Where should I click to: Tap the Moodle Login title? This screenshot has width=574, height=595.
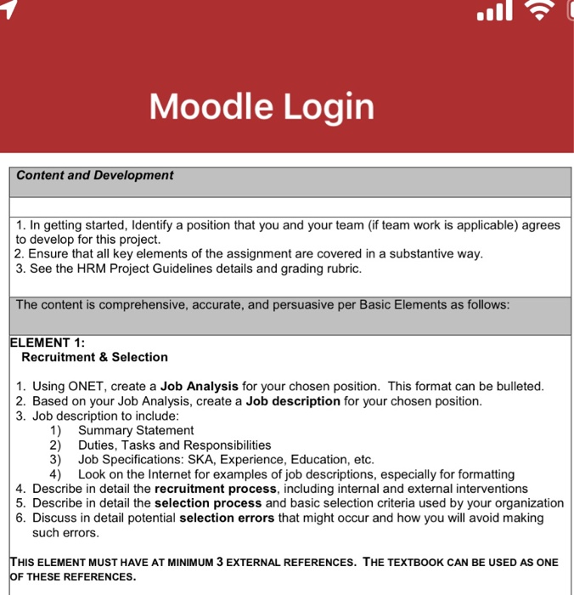pos(262,107)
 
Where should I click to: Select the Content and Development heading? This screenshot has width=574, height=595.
pos(94,175)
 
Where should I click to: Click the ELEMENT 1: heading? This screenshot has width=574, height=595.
pos(48,343)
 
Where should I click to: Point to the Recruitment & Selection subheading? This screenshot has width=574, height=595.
pos(94,357)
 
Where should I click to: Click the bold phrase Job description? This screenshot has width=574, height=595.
pos(293,400)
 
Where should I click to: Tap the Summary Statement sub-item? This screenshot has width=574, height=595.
pos(136,430)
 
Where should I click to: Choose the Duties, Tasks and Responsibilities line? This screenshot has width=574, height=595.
pos(174,445)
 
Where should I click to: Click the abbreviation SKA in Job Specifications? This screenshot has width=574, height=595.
pos(211,459)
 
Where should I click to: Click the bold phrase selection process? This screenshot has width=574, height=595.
pos(208,503)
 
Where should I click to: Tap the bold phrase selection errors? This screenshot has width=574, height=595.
pos(227,518)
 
